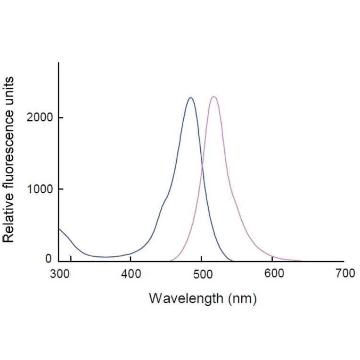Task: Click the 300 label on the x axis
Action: (59, 273)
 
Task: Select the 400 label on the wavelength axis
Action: (131, 273)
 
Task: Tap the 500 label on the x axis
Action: (202, 273)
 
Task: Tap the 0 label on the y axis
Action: (49, 260)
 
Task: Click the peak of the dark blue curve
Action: (190, 98)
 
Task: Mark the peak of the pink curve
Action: (213, 97)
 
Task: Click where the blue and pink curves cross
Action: (202, 166)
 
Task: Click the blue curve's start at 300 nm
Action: (59, 229)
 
